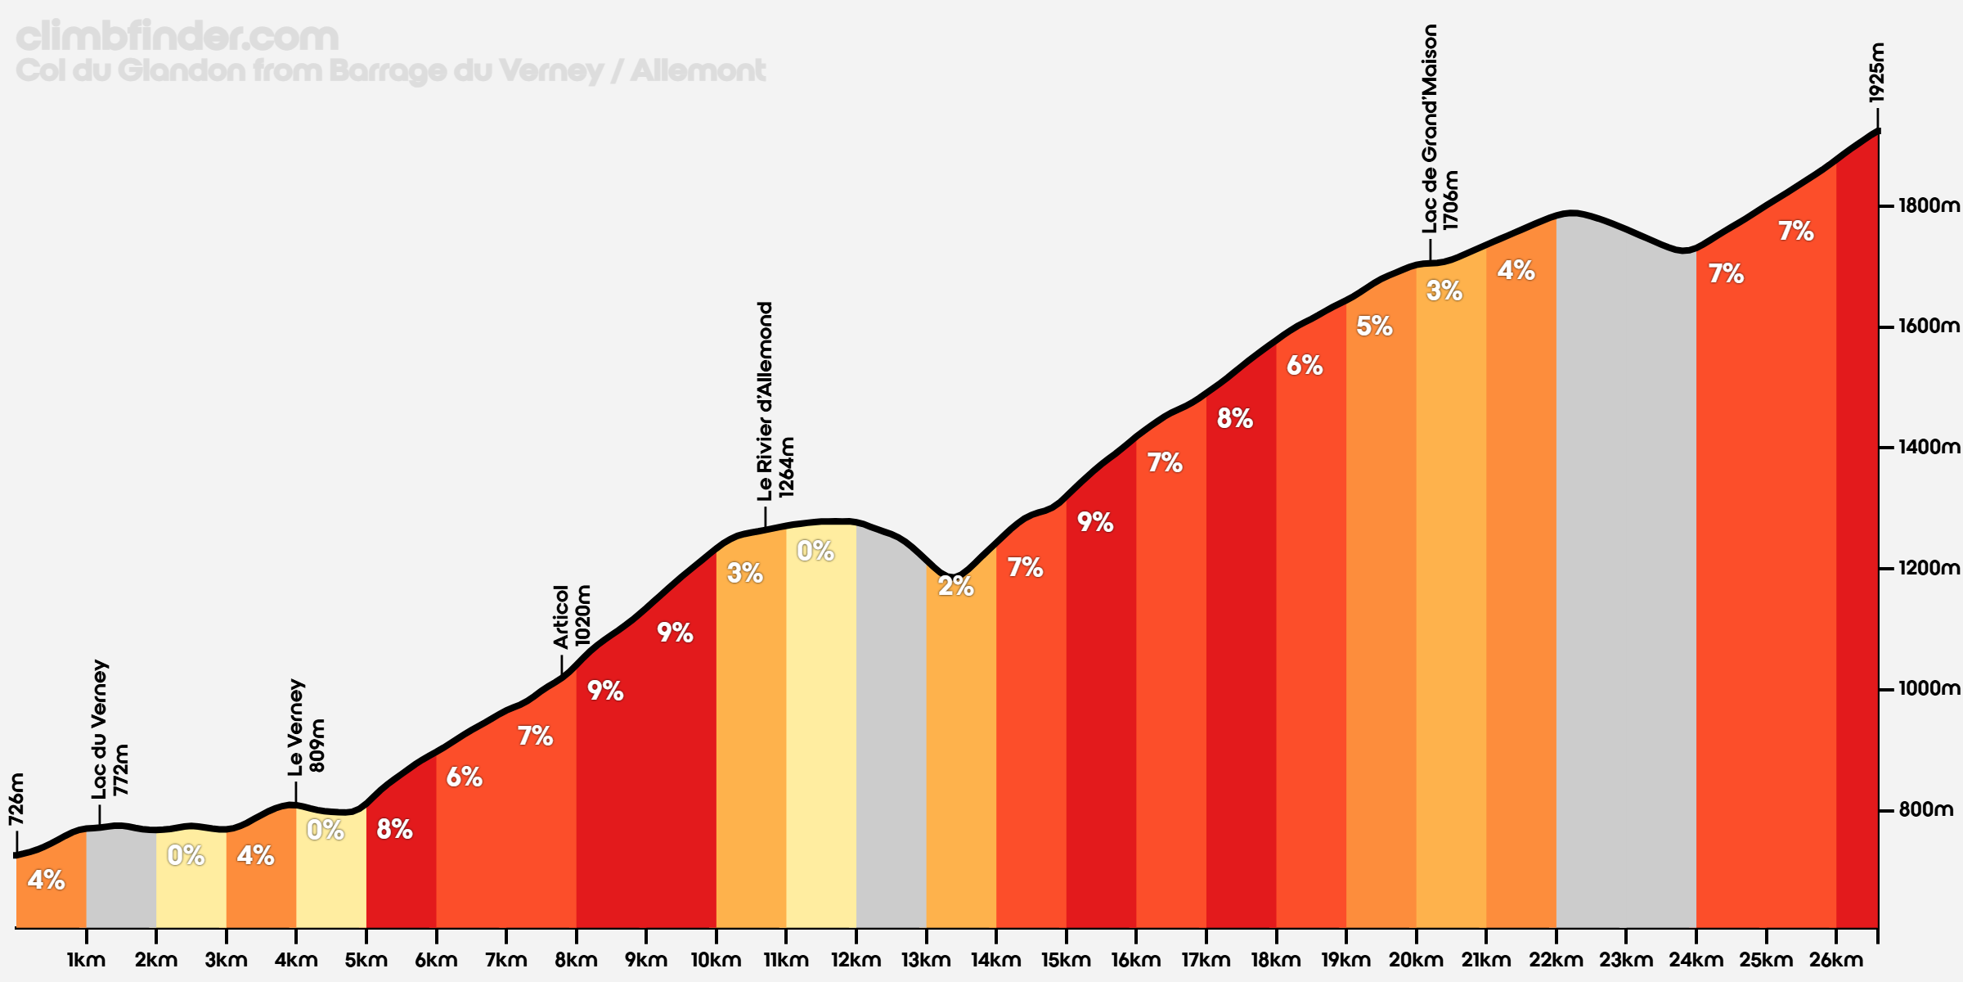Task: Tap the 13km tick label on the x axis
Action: tap(926, 960)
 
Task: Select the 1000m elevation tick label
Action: tap(1927, 689)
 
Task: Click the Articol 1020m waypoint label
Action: tap(572, 617)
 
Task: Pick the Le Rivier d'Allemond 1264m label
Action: tap(775, 401)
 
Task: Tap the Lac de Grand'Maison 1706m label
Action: tap(1440, 128)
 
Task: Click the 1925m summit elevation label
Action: tap(1877, 73)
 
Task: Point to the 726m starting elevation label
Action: tap(16, 800)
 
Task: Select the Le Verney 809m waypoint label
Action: tap(307, 727)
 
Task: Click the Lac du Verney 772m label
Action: tap(110, 729)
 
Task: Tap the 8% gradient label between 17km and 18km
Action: tap(1234, 419)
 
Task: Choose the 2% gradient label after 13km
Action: tap(955, 586)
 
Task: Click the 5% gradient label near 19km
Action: tap(1374, 327)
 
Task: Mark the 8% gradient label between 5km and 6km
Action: tap(394, 830)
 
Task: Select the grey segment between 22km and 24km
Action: tap(1625, 573)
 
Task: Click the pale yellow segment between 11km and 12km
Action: tap(821, 736)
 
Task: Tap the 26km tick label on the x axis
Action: tap(1835, 960)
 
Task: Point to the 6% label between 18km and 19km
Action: tap(1305, 366)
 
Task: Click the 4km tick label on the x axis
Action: tap(296, 960)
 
